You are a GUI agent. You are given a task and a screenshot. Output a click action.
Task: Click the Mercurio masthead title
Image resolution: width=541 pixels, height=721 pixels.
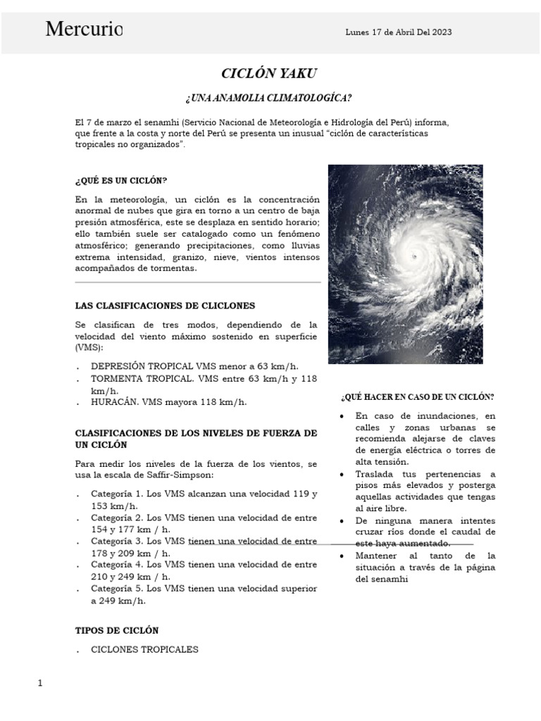(84, 30)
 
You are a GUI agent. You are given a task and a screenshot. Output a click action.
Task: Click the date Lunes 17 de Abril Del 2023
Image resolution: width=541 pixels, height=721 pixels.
(399, 32)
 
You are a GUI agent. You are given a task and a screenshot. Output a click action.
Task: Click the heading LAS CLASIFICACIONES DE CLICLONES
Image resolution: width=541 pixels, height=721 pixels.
(165, 306)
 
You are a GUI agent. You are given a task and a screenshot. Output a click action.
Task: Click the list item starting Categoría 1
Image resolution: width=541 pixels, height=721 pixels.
(204, 500)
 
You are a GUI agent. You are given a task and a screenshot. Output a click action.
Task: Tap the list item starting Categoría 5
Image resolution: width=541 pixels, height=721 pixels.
(204, 594)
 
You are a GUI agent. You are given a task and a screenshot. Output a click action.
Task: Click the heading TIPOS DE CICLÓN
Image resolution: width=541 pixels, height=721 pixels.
(117, 630)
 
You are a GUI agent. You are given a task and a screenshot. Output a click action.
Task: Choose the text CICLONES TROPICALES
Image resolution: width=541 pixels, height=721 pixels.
(144, 649)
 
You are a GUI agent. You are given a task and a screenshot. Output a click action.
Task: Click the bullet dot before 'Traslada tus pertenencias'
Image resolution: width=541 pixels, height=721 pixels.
(341, 475)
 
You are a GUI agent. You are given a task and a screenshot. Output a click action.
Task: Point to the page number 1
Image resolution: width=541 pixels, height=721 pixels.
(40, 684)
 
